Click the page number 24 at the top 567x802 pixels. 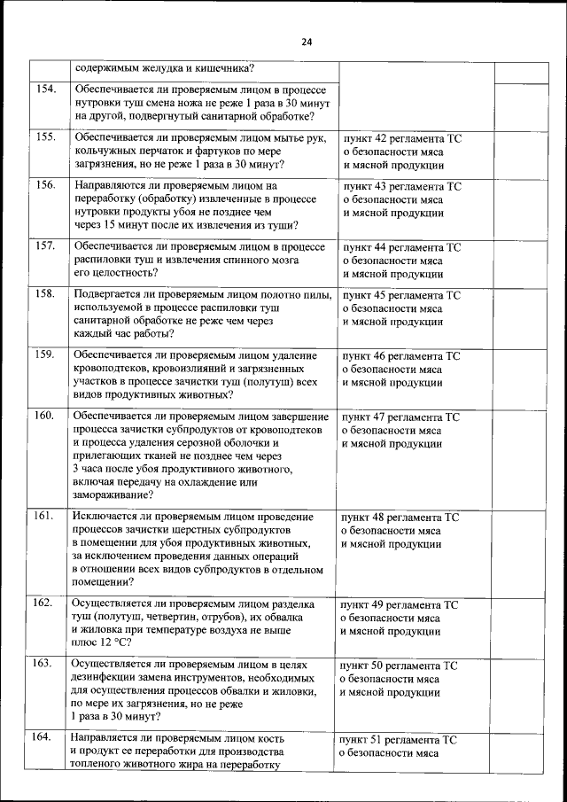pos(307,42)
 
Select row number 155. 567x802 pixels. pos(47,137)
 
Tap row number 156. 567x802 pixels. pos(47,185)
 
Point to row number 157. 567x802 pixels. pos(47,245)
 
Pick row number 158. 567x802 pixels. pos(47,293)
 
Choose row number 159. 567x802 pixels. pos(47,354)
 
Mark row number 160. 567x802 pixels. pos(47,415)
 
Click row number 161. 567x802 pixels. pos(47,515)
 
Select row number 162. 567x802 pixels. pos(47,603)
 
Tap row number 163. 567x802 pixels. pos(47,663)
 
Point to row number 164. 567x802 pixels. pos(47,736)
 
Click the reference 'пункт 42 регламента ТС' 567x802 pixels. pos(402,139)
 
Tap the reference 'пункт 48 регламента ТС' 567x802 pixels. pos(403,517)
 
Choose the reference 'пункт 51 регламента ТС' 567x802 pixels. pos(402,739)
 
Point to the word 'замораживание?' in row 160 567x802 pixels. pos(113,496)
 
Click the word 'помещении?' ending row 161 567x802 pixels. pos(103,582)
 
